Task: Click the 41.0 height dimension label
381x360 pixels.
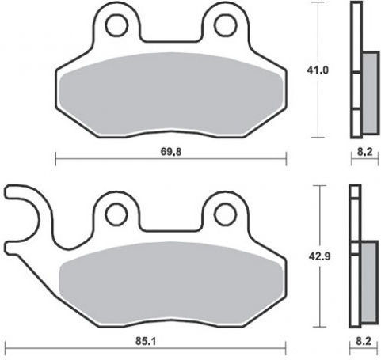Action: click(318, 70)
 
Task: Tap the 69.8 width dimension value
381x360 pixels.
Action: click(171, 152)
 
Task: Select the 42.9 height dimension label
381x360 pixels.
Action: click(319, 256)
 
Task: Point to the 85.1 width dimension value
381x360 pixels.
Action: click(146, 341)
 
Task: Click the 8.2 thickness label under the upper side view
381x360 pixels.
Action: click(364, 152)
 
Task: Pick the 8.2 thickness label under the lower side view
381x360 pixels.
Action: click(364, 341)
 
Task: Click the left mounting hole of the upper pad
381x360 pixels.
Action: click(116, 25)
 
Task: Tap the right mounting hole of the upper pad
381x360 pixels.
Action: click(226, 25)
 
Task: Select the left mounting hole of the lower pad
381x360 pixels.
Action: click(116, 214)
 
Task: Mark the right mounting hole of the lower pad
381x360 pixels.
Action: click(226, 214)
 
